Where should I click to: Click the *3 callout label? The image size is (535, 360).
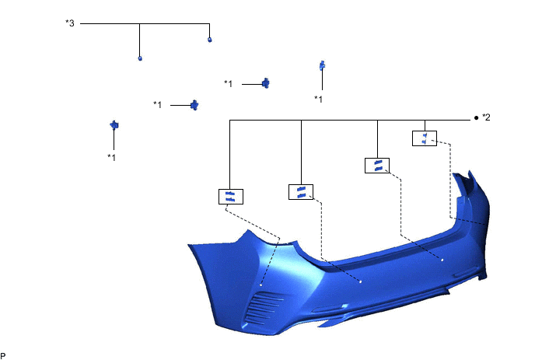[70, 23]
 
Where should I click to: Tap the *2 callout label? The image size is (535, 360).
[486, 118]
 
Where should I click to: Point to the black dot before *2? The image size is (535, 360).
[476, 119]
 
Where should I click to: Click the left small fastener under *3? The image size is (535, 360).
[139, 58]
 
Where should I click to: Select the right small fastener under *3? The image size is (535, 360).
[209, 39]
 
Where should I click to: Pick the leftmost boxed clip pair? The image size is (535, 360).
[231, 196]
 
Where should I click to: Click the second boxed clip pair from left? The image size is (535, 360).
[300, 191]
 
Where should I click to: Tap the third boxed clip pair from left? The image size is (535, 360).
[377, 165]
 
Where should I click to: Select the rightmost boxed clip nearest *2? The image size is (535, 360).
[424, 138]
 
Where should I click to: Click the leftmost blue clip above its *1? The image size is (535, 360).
[114, 124]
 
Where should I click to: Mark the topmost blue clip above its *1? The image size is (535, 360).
[321, 66]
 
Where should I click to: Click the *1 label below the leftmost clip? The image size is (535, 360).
[112, 157]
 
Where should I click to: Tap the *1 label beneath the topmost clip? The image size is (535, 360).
[319, 99]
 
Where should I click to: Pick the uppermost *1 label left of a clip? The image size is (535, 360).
[229, 83]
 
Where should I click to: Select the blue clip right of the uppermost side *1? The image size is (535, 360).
[266, 83]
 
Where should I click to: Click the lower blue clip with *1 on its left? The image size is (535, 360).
[195, 104]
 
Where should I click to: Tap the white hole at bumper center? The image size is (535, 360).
[361, 280]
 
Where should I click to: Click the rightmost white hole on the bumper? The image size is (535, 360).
[442, 260]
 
